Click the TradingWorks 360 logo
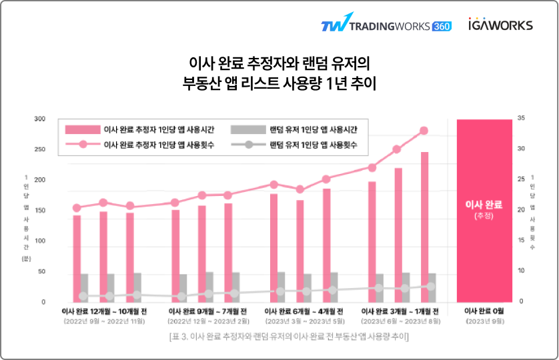click(386, 25)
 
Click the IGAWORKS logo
click(500, 25)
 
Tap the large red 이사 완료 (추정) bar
click(484, 210)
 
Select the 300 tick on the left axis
click(40, 119)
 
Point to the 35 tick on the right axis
click(521, 119)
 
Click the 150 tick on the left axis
click(40, 211)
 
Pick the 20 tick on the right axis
click(521, 210)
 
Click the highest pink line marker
click(424, 131)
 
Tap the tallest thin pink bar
click(424, 227)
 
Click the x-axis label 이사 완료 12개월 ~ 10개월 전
click(105, 311)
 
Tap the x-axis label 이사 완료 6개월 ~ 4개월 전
click(304, 311)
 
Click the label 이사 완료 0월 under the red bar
click(484, 311)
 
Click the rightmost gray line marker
click(431, 287)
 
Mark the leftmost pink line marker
click(77, 208)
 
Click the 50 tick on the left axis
click(41, 272)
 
